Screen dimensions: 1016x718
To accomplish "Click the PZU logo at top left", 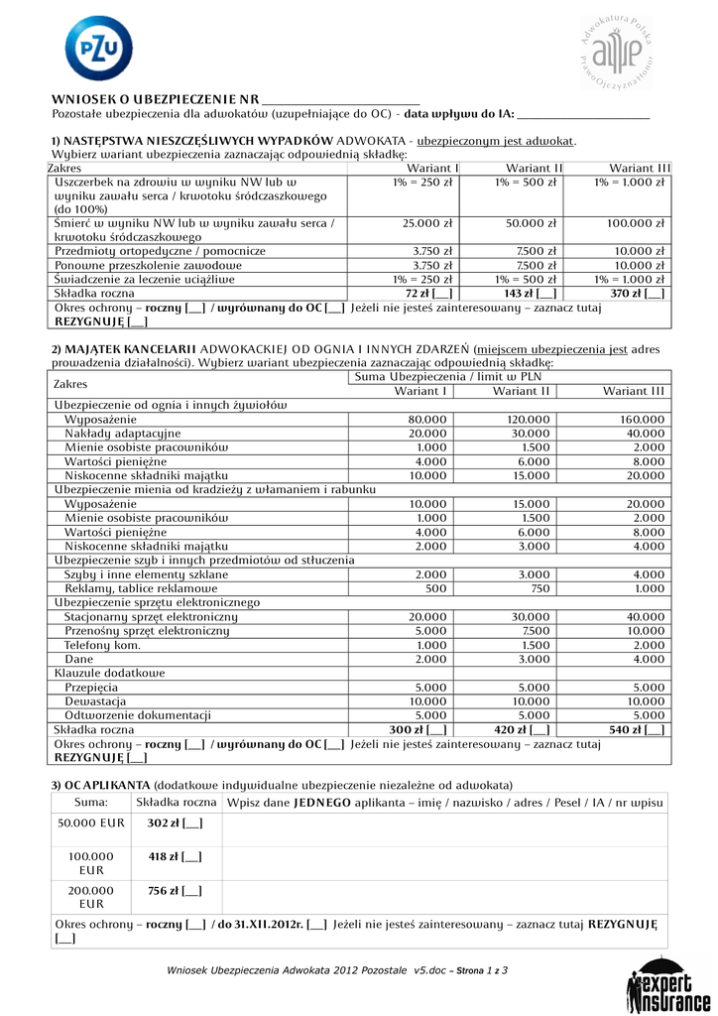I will pos(97,49).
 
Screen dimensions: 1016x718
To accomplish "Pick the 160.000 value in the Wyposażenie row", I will pos(642,419).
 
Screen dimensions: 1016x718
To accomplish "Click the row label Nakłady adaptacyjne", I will pos(122,433).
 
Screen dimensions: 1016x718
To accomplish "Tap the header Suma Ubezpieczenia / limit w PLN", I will pos(446,376).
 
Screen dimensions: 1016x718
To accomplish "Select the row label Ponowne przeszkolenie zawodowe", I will pos(148,265).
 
